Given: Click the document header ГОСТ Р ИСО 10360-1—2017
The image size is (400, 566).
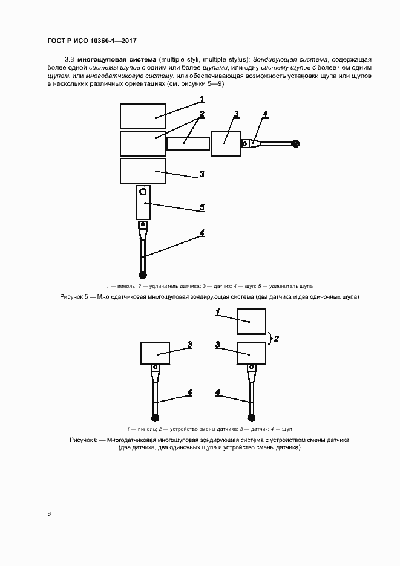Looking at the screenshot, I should pyautogui.click(x=91, y=41).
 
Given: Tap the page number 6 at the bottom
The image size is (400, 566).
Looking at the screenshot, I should pyautogui.click(x=49, y=513).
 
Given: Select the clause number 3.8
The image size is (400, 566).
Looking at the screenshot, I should pyautogui.click(x=69, y=60).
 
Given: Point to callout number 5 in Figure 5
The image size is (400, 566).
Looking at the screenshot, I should pyautogui.click(x=202, y=207).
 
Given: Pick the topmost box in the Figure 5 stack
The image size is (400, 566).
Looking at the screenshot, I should pyautogui.click(x=143, y=116).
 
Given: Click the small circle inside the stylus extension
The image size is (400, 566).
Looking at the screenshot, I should pyautogui.click(x=143, y=192).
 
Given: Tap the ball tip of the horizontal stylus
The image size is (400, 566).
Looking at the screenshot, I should pyautogui.click(x=295, y=144).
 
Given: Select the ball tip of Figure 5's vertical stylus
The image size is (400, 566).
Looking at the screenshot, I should pyautogui.click(x=143, y=275).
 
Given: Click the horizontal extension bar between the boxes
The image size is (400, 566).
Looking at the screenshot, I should pyautogui.click(x=188, y=143).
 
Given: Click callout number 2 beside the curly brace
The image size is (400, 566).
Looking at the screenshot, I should pyautogui.click(x=277, y=339).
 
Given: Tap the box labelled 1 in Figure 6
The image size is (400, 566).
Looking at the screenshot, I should pyautogui.click(x=251, y=321).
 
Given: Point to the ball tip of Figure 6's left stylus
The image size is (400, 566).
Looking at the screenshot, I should pyautogui.click(x=156, y=417).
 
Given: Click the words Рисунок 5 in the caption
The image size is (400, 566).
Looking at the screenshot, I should pyautogui.click(x=76, y=297).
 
